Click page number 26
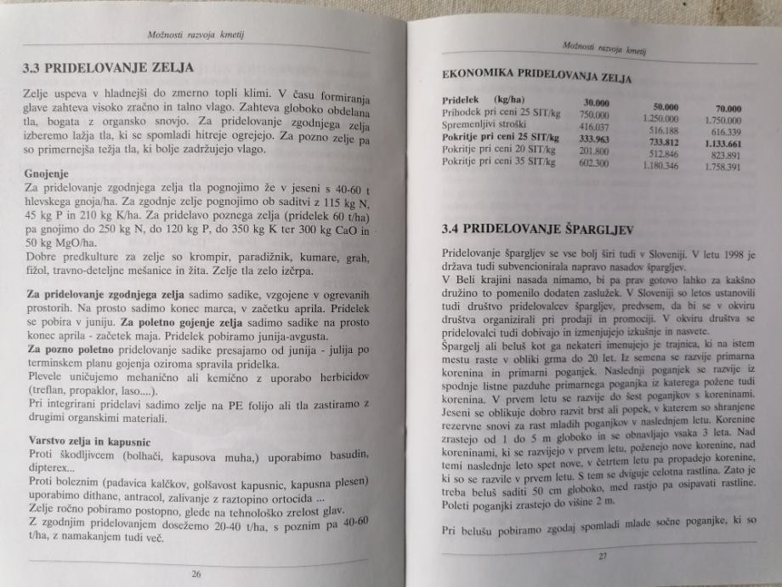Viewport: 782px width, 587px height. [196, 573]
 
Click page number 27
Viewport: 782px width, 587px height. [602, 557]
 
